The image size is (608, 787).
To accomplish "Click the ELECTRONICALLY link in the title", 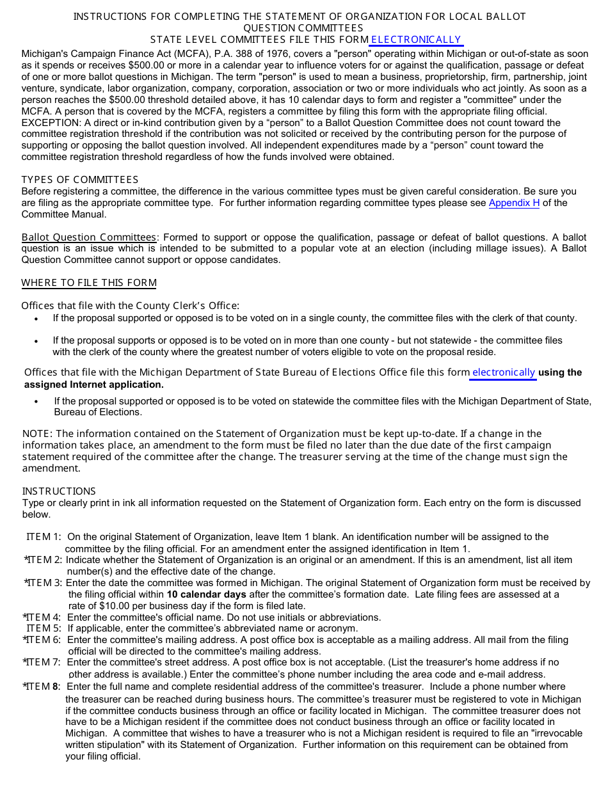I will click(416, 40).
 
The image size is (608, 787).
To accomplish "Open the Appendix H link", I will click(514, 203).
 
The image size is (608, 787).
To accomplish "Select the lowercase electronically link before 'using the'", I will click(504, 372).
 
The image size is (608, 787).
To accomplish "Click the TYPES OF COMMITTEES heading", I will click(80, 180).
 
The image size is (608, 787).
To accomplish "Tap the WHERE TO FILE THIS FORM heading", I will click(89, 283).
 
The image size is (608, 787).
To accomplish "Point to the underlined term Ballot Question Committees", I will click(89, 237).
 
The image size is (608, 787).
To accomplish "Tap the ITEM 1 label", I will click(44, 537).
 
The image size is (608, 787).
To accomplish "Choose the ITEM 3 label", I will click(44, 583).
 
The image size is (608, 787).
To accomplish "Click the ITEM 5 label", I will click(44, 628).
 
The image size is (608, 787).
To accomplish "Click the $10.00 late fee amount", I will click(116, 606).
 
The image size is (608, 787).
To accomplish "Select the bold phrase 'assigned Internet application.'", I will click(94, 385).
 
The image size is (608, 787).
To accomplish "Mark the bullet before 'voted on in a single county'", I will click(36, 319).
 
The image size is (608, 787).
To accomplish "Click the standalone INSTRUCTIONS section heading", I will click(59, 491).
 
